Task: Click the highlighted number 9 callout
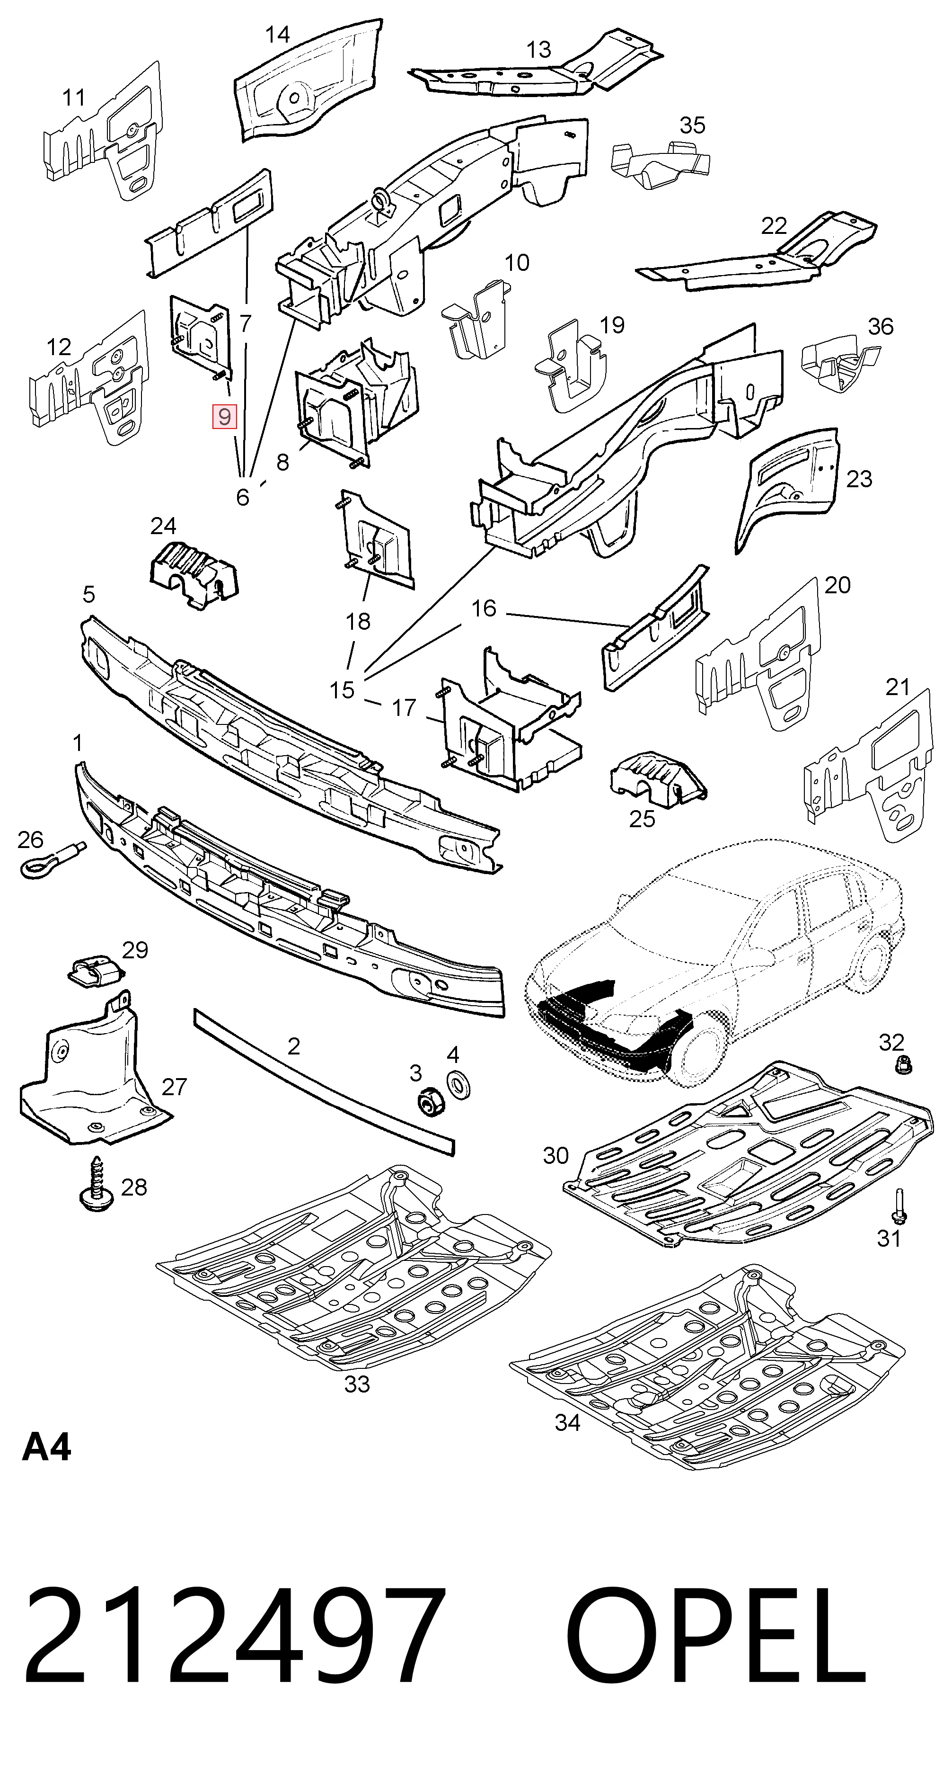pos(224,417)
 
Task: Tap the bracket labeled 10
pos(478,319)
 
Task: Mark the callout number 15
pos(342,690)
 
